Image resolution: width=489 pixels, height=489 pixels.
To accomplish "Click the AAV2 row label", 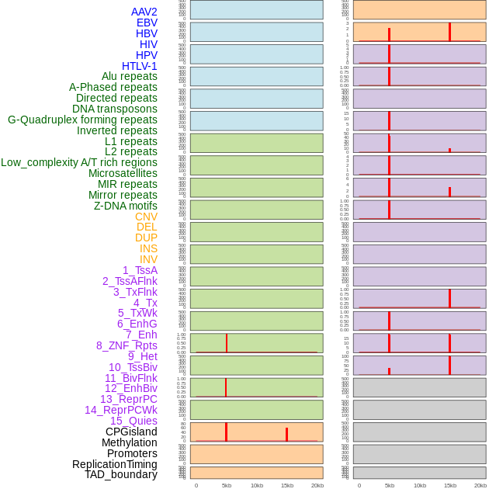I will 144,12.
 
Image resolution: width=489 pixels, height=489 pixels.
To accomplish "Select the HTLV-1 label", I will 139,66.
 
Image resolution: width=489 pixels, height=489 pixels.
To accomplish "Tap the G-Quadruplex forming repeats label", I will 82,120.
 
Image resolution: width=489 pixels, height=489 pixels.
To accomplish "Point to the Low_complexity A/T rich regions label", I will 79,162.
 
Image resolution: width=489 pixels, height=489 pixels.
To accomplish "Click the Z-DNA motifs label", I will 125,206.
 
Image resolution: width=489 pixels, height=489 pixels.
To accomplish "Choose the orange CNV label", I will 146,217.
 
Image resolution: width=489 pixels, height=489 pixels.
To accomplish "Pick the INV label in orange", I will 148,259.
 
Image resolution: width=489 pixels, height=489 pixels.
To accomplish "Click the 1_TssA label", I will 140,270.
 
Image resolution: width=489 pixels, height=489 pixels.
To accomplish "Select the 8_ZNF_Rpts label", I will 127,345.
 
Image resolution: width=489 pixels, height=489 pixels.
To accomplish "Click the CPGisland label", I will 131,432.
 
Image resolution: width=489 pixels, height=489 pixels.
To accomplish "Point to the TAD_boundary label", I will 121,474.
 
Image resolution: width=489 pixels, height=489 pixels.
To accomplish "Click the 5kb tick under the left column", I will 226,485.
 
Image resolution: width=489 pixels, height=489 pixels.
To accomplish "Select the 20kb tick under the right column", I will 480,485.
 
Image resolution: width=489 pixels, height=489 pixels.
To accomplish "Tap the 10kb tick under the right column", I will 420,485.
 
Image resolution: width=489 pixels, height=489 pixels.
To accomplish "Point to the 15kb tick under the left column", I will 286,485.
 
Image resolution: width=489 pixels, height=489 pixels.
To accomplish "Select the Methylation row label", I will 129,442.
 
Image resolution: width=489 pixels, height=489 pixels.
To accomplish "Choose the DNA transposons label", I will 115,109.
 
